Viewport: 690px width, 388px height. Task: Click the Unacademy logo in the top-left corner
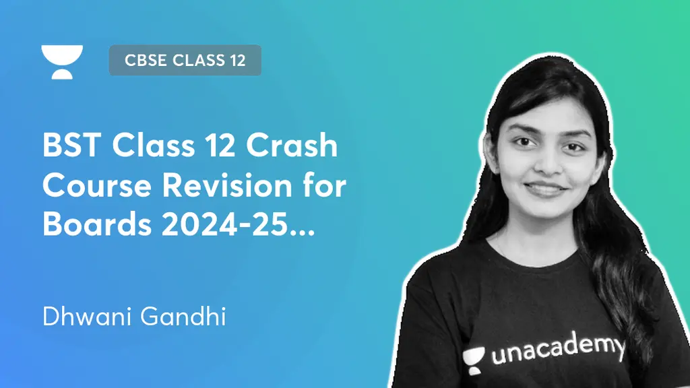point(62,61)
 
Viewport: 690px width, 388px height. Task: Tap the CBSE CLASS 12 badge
point(185,60)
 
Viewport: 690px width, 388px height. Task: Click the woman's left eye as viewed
point(526,143)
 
